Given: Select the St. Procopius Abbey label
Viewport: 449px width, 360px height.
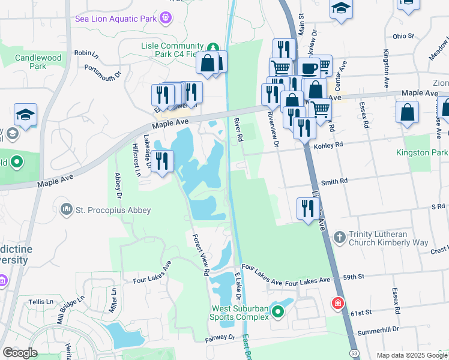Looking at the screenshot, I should (113, 210).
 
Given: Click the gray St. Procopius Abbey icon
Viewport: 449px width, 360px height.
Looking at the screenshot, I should (66, 209).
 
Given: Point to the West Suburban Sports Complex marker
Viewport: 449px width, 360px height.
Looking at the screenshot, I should (277, 312).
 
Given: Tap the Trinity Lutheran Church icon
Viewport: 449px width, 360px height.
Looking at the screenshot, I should (339, 238).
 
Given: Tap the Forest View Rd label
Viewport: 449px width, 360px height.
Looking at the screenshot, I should (200, 254).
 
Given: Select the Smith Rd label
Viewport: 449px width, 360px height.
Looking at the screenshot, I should (334, 181).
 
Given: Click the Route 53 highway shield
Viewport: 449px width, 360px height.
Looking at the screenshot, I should (355, 354).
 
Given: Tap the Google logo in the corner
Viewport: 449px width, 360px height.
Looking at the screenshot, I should (20, 352).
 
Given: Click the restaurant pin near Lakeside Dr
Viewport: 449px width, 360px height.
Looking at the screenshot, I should (162, 161).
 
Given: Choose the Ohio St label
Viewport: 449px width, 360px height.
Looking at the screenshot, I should (403, 36).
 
